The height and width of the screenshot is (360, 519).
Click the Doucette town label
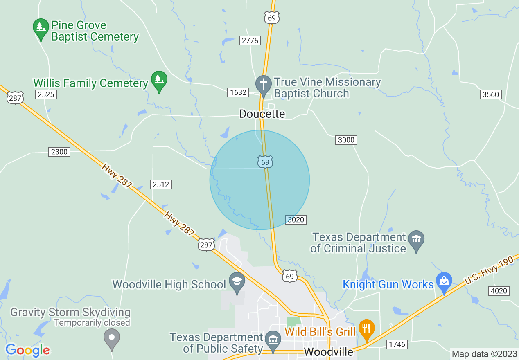[x=262, y=114]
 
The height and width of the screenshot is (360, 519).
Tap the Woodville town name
[x=328, y=352]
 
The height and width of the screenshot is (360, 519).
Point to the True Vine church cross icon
[x=264, y=85]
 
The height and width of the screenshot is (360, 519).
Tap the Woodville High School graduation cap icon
[x=237, y=281]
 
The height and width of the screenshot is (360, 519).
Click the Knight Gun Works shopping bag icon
[x=444, y=281]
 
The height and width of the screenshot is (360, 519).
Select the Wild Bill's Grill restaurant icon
[x=366, y=328]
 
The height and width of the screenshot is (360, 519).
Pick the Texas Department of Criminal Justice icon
[x=416, y=239]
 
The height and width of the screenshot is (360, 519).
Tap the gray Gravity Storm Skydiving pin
[x=111, y=338]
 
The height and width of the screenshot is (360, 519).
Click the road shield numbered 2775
[x=250, y=40]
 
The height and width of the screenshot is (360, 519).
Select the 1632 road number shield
[x=238, y=92]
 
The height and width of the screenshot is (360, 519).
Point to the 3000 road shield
[x=346, y=140]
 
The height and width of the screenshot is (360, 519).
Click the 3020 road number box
[x=296, y=220]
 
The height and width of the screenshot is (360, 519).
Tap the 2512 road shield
[x=160, y=184]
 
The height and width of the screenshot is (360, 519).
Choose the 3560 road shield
[x=491, y=94]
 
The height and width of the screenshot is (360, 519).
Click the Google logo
[x=27, y=350]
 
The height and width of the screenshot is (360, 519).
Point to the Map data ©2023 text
[x=484, y=354]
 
